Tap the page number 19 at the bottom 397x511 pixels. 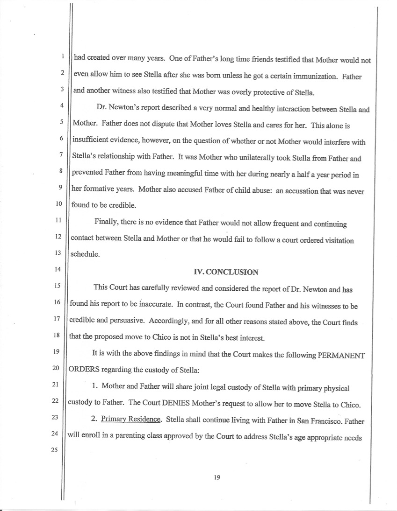coord(217,477)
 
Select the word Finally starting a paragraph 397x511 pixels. coord(108,224)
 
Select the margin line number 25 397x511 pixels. coord(57,451)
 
